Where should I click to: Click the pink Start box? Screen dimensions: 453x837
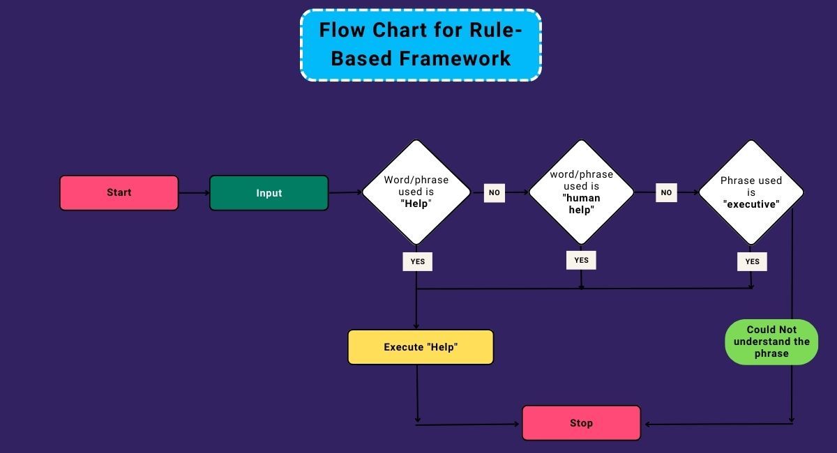119,192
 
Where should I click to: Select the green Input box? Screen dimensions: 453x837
269,193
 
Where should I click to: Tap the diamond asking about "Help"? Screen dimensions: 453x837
416,192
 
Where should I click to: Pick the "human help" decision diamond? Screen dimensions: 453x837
581,192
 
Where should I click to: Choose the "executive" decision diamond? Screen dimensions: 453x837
751,192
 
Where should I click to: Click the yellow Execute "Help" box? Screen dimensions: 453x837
421,347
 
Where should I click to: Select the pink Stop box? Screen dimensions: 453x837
581,423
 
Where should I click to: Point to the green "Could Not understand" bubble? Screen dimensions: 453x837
771,341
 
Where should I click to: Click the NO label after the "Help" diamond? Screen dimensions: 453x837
494,192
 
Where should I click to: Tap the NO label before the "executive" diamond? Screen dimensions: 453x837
666,192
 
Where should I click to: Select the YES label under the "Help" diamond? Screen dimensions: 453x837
417,261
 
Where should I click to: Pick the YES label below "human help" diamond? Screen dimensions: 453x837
581,260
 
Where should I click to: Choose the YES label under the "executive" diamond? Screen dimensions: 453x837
752,261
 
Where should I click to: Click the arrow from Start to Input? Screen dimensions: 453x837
194,193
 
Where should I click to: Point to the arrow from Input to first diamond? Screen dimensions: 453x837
345,192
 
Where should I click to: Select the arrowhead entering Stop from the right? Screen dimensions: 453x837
647,424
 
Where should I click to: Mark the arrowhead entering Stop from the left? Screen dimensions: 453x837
517,423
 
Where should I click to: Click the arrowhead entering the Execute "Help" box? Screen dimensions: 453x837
416,325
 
